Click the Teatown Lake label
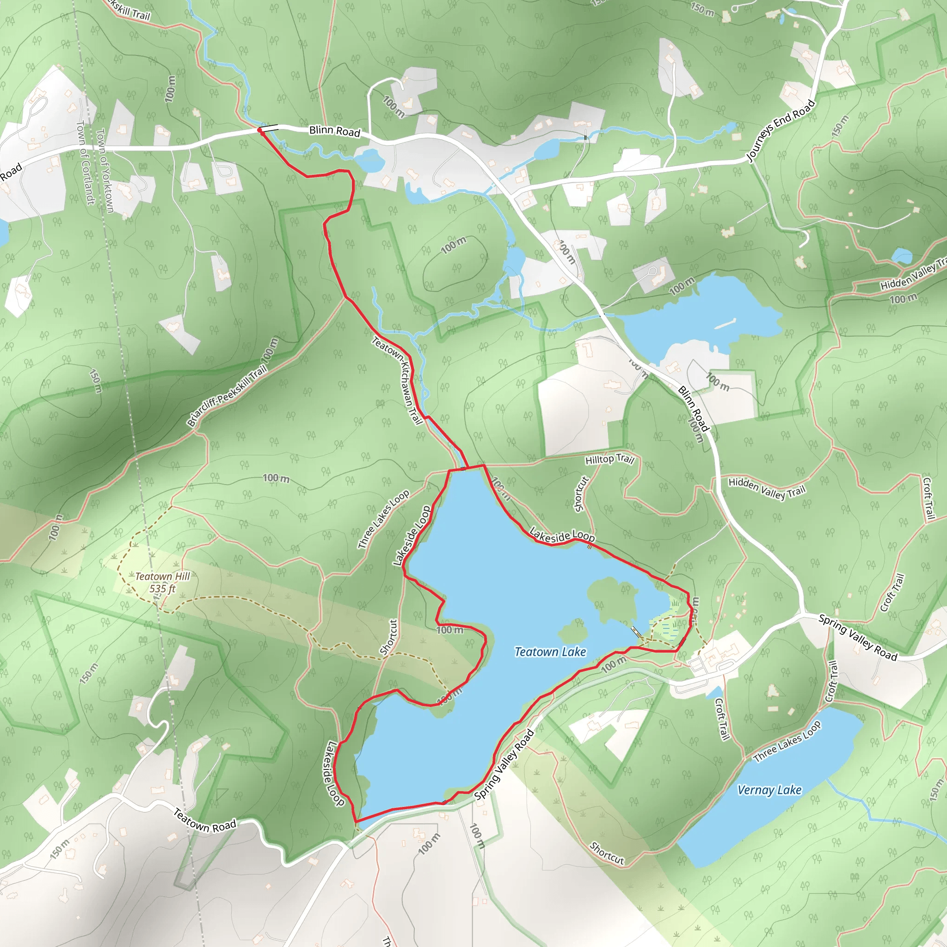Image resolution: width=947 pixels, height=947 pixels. coord(550,652)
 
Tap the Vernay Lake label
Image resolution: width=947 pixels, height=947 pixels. coord(769,790)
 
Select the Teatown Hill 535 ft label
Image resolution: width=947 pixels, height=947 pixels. coord(162,582)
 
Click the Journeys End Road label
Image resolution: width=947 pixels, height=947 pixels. coord(781,130)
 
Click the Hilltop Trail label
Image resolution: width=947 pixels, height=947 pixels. coord(610,459)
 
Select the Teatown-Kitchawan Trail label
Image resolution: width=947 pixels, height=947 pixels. coord(398,380)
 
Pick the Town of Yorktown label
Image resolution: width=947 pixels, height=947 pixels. coord(105,171)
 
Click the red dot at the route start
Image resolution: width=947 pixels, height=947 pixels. coord(260,130)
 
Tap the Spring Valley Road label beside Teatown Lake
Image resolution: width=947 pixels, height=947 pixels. coord(504,764)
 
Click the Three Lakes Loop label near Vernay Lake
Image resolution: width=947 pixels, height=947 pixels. coord(787,742)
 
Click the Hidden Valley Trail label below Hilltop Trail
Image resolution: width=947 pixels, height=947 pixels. coord(767,489)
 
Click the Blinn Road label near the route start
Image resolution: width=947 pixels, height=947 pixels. coord(334,131)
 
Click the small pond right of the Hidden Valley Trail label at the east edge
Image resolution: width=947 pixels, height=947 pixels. coord(901,255)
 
